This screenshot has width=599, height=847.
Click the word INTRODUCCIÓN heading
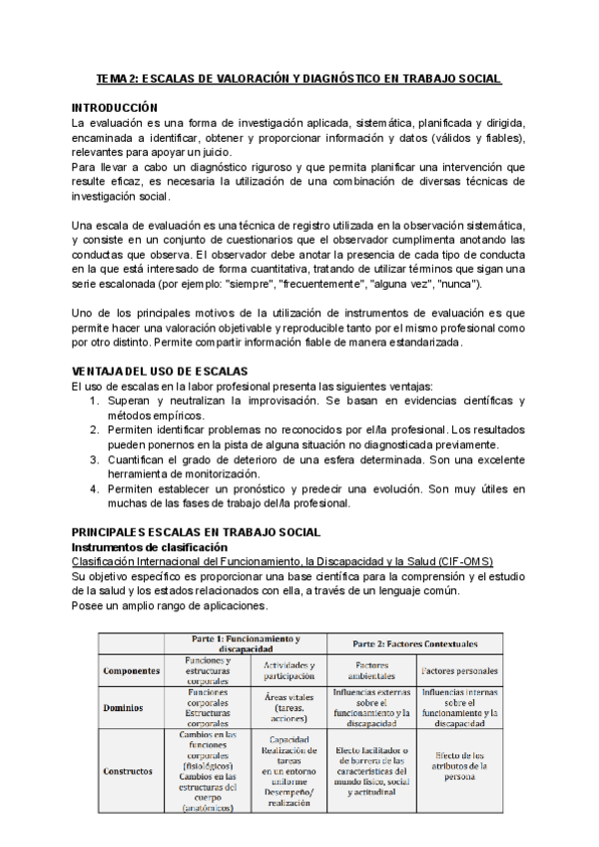point(115,106)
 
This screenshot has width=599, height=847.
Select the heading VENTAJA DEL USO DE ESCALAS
point(160,371)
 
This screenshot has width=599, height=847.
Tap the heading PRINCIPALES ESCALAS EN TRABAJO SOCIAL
point(196,531)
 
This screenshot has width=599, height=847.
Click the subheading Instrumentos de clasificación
point(151,547)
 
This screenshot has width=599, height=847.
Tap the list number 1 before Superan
point(94,400)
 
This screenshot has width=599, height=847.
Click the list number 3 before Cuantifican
point(94,458)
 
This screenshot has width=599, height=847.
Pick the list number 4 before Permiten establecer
point(94,488)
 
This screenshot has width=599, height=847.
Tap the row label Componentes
point(132,671)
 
